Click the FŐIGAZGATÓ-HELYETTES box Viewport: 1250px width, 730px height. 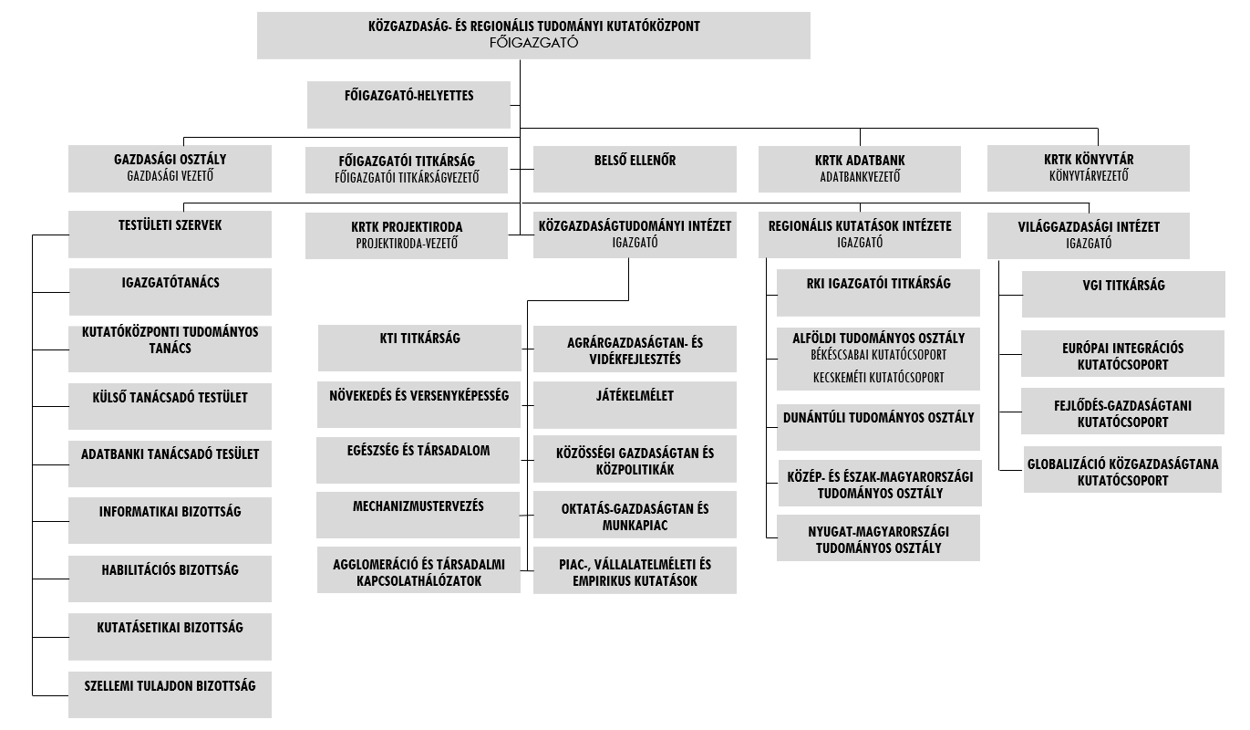click(x=408, y=105)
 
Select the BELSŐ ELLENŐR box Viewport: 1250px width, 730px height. click(x=635, y=169)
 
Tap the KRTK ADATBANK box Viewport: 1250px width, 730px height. click(x=860, y=169)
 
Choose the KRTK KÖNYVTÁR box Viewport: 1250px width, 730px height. click(x=1089, y=168)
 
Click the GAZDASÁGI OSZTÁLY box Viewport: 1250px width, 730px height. click(x=170, y=169)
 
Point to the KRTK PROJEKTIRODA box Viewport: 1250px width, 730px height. click(x=407, y=235)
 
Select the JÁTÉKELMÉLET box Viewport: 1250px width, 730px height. click(x=635, y=405)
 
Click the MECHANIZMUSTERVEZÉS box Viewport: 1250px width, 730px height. click(x=418, y=515)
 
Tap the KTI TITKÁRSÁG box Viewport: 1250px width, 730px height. click(x=419, y=348)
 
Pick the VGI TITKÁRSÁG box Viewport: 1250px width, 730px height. click(x=1123, y=295)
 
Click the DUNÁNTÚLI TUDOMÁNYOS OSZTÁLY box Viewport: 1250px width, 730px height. click(x=878, y=427)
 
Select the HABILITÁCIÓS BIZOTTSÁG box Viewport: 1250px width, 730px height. click(x=170, y=579)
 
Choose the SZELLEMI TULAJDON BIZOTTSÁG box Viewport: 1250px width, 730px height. click(x=170, y=694)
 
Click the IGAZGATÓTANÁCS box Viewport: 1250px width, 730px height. click(x=170, y=292)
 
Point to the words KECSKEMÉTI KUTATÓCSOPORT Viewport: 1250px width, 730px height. click(x=878, y=378)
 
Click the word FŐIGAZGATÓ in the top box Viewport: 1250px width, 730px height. click(x=533, y=43)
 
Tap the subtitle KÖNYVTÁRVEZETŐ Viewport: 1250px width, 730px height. click(x=1089, y=176)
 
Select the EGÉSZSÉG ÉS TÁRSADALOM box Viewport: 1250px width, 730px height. click(x=418, y=460)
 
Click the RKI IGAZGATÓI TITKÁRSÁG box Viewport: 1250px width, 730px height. click(x=878, y=293)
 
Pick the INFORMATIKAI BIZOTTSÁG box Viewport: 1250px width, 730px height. click(x=170, y=520)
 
